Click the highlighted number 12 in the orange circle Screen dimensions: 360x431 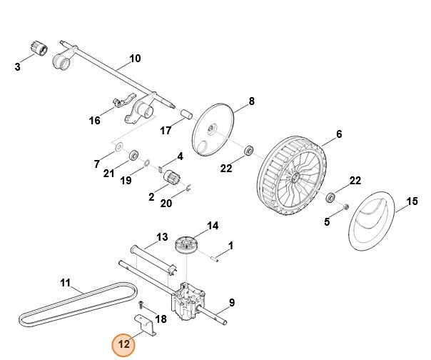pos(123,344)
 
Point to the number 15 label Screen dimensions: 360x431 pos(412,201)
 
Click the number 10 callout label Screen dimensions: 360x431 pos(135,58)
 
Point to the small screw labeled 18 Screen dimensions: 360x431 pos(141,304)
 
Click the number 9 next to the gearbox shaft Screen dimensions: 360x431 pos(231,303)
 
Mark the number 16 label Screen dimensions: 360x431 pos(95,120)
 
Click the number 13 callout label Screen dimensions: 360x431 pos(162,236)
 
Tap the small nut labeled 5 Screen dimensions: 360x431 pos(343,207)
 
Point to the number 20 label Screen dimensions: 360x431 pos(166,203)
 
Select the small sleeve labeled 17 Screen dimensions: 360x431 pos(186,114)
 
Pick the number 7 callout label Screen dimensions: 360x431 pos(97,164)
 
